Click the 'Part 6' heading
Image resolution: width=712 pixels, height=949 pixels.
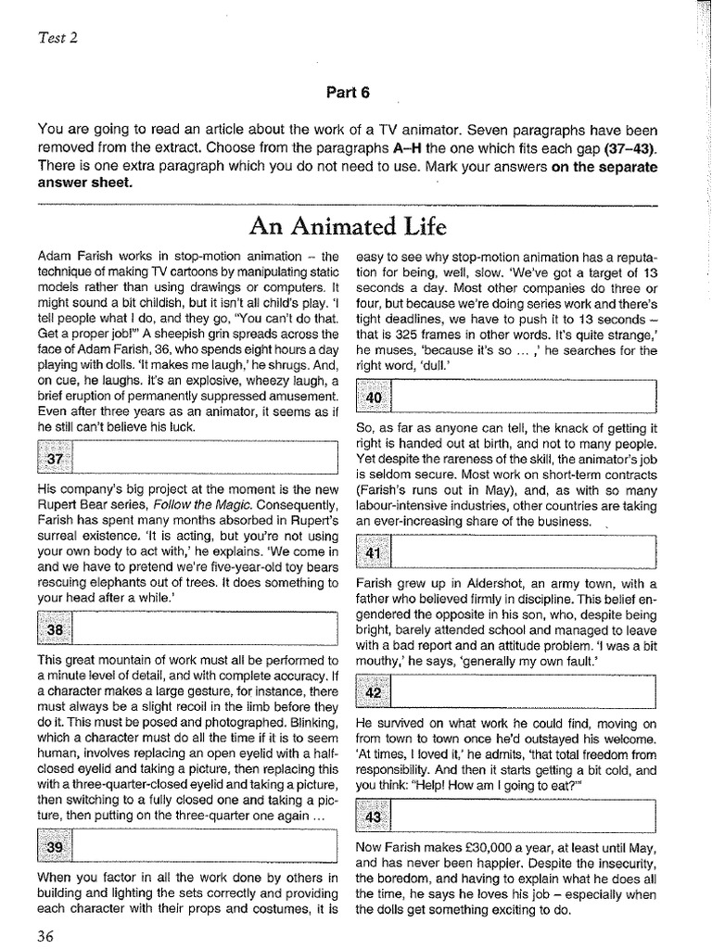click(347, 93)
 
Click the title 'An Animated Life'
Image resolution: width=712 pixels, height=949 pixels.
click(347, 227)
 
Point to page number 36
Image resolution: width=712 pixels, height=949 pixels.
click(45, 934)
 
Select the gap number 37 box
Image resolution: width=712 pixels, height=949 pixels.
click(55, 460)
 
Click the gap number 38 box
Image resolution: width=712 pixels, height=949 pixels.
click(55, 630)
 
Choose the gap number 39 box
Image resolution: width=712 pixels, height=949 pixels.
click(55, 848)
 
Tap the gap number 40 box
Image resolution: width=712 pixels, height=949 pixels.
click(374, 399)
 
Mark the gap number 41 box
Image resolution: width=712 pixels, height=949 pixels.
click(374, 553)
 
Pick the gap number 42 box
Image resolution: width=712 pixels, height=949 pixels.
click(374, 692)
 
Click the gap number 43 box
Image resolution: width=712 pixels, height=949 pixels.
click(374, 816)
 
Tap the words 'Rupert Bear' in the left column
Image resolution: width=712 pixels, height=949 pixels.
click(73, 505)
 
